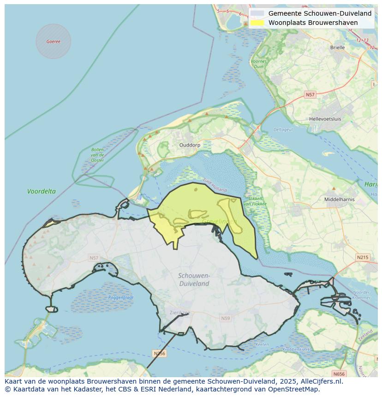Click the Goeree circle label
tap(53, 41)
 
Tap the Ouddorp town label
tap(190, 145)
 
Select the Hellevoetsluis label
tap(325, 119)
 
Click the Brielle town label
tap(337, 47)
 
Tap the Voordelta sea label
tap(41, 191)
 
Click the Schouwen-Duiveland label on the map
tap(194, 279)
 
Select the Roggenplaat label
tap(120, 298)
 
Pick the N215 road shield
tap(362, 257)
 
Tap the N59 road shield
tap(225, 318)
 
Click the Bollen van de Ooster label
tap(97, 155)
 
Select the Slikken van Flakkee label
tap(256, 201)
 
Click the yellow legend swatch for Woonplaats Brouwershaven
tap(257, 23)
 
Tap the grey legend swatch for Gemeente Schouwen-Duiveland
tap(257, 13)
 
